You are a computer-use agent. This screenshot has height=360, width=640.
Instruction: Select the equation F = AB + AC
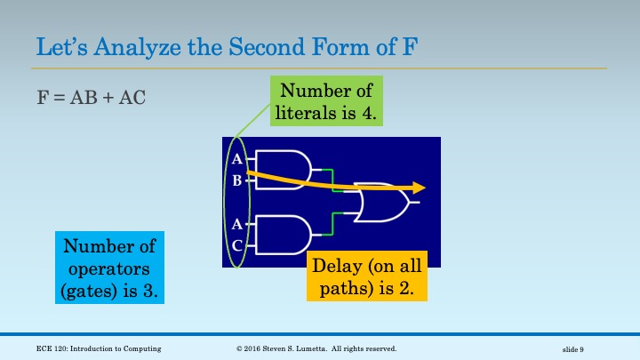coord(91,97)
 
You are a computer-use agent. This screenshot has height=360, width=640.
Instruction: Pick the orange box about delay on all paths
coord(368,276)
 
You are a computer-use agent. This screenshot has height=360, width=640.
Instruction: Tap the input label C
coord(236,244)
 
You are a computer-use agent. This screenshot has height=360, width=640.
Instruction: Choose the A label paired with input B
coord(236,160)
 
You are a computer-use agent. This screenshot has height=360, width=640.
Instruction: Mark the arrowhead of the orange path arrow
coord(419,188)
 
